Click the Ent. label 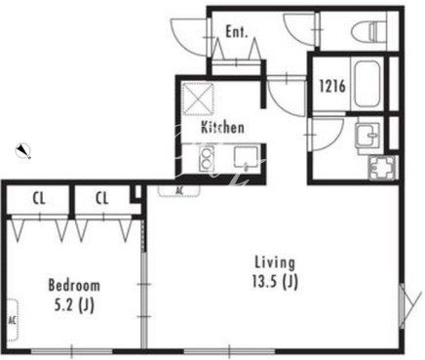click(x=237, y=32)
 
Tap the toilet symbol click(x=372, y=29)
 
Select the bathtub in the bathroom click(x=367, y=86)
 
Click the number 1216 click(x=332, y=87)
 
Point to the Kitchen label click(x=222, y=127)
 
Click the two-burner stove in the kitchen click(x=207, y=159)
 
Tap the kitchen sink click(x=246, y=158)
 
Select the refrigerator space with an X click(x=198, y=99)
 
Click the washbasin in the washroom click(x=368, y=135)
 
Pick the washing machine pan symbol click(x=382, y=168)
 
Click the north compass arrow click(x=23, y=151)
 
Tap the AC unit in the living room click(x=179, y=190)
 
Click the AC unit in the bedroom click(x=12, y=320)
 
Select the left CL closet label click(x=39, y=198)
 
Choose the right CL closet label click(x=102, y=198)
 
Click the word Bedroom click(x=74, y=285)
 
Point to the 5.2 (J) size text click(x=74, y=305)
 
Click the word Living click(x=275, y=262)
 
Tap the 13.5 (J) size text click(x=275, y=282)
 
